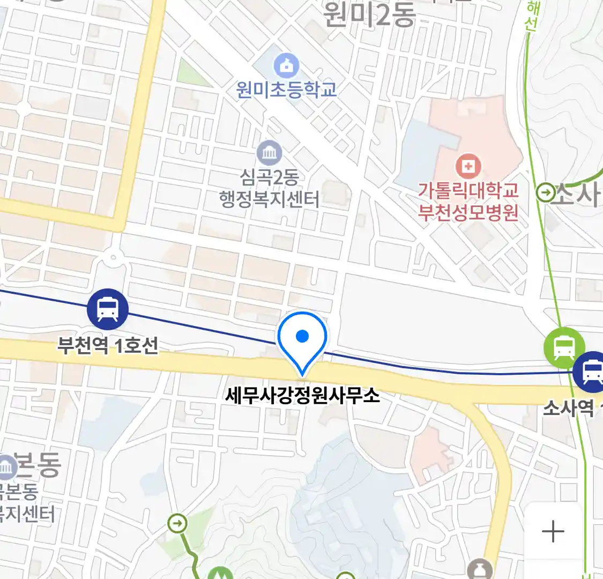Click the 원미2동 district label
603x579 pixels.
pos(369,14)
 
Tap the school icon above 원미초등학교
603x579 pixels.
pos(286,66)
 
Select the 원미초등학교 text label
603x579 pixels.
pos(286,89)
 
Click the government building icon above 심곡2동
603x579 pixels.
pos(269,153)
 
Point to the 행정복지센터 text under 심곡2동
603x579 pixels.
pos(269,199)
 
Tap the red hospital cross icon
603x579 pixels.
pos(468,166)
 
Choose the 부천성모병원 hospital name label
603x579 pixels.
pos(468,212)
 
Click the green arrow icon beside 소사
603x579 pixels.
pos(546,192)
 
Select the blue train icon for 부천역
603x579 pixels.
pos(108,309)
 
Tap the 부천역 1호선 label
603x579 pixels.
pos(108,345)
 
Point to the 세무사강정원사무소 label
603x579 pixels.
pos(302,396)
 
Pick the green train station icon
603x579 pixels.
pos(564,347)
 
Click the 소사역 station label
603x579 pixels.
pos(568,409)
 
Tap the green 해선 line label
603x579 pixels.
pos(532,16)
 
